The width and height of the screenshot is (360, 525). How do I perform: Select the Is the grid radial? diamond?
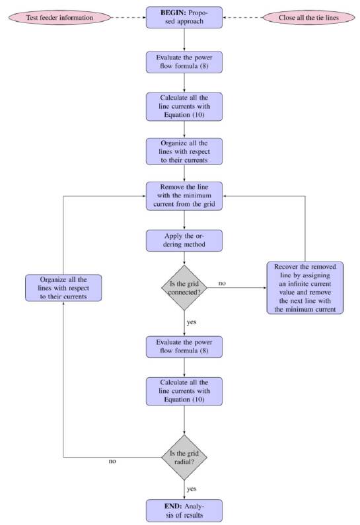coord(184,456)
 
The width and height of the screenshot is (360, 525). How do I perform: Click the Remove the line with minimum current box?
coord(184,195)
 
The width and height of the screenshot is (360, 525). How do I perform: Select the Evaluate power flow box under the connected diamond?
coord(184,346)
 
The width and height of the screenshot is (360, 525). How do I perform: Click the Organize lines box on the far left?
coord(63,288)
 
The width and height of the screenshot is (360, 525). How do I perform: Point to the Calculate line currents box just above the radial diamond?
coord(184,392)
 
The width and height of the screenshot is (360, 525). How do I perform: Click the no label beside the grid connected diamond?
coord(222,283)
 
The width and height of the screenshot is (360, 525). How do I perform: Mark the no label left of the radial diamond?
coord(112,461)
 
